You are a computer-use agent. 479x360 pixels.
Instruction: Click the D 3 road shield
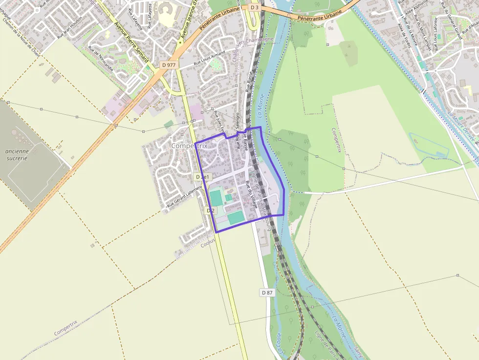click(x=254, y=8)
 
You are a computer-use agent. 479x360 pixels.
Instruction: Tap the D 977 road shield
click(x=169, y=64)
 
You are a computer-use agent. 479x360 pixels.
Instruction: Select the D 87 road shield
click(x=267, y=292)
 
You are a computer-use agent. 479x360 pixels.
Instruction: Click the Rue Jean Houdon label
click(x=70, y=29)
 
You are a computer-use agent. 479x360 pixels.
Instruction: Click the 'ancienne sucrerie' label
click(x=17, y=154)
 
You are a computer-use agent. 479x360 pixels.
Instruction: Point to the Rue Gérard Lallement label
click(x=184, y=196)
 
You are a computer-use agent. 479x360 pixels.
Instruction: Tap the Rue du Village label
click(x=252, y=195)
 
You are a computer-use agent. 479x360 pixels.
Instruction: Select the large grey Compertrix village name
click(x=189, y=146)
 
